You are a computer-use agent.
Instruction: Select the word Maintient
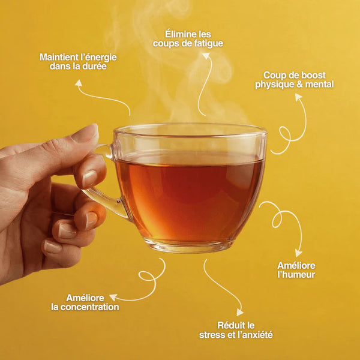pyautogui.click(x=56, y=58)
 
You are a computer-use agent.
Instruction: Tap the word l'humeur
pyautogui.click(x=296, y=275)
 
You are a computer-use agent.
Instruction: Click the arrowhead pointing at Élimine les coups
pyautogui.click(x=206, y=56)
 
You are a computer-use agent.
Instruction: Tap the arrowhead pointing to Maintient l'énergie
pyautogui.click(x=79, y=83)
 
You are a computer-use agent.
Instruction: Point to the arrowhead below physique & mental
pyautogui.click(x=298, y=97)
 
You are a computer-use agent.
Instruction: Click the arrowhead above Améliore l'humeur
pyautogui.click(x=298, y=253)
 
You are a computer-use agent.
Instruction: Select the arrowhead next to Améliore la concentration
pyautogui.click(x=113, y=298)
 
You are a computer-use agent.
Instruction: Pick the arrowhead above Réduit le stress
pyautogui.click(x=240, y=312)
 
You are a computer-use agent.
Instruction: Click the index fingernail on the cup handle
pyautogui.click(x=89, y=179)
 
